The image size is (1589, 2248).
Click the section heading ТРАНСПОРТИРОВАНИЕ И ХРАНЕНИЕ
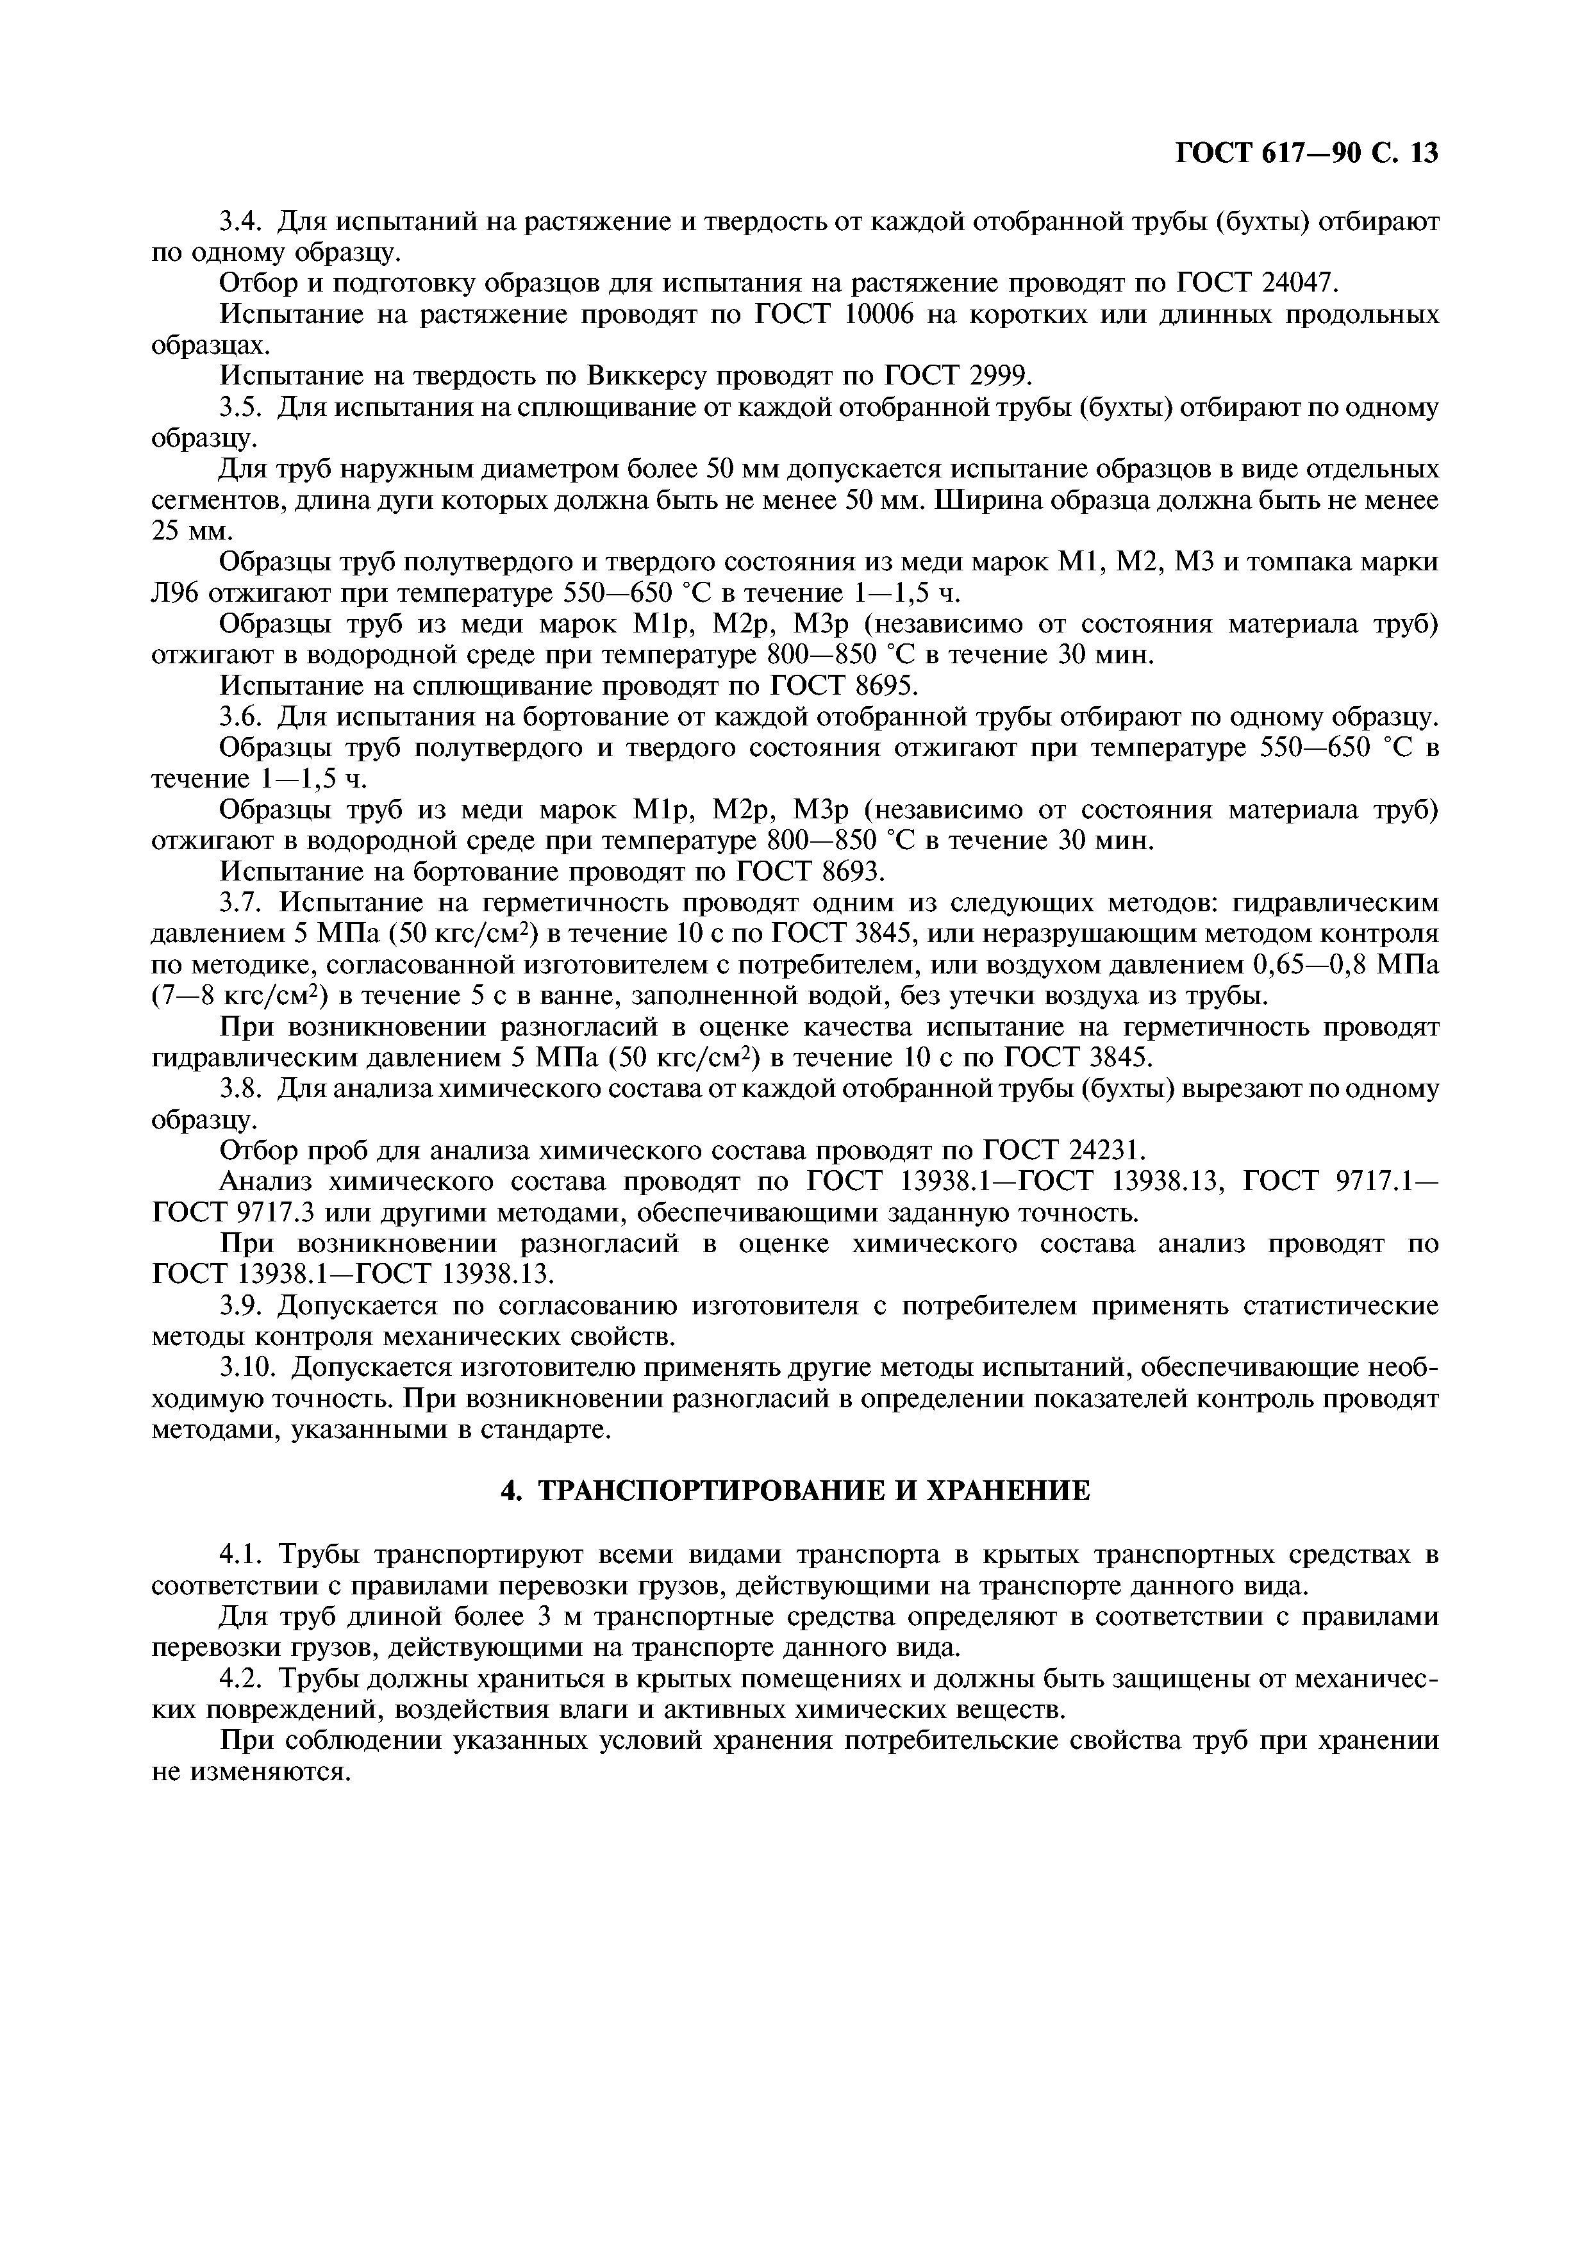point(794,1491)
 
